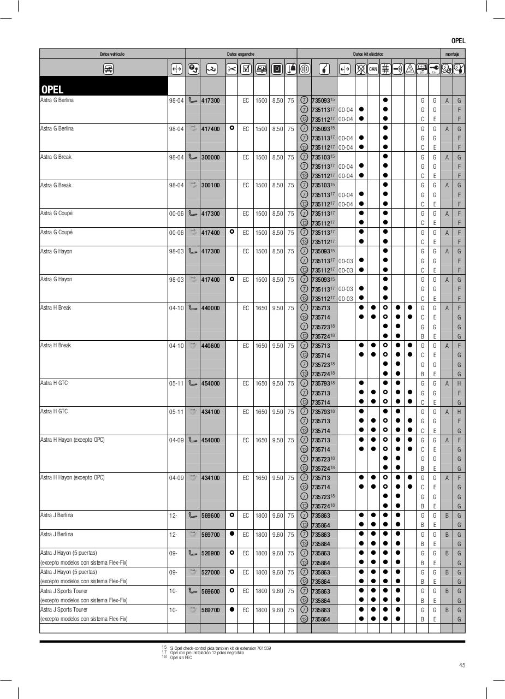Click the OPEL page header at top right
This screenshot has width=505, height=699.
pyautogui.click(x=458, y=40)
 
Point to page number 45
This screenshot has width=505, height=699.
pyautogui.click(x=462, y=665)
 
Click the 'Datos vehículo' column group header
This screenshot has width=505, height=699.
pyautogui.click(x=112, y=54)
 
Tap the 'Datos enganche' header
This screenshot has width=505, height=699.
pyautogui.click(x=241, y=54)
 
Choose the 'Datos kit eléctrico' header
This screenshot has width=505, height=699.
pyautogui.click(x=368, y=54)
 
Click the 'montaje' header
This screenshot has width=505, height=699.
pyautogui.click(x=453, y=54)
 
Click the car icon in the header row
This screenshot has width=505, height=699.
pyautogui.click(x=108, y=69)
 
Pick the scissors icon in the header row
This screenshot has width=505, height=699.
pyautogui.click(x=231, y=69)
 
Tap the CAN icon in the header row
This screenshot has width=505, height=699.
pyautogui.click(x=373, y=69)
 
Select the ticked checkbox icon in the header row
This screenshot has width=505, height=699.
pyautogui.click(x=246, y=69)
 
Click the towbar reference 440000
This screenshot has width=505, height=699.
pyautogui.click(x=210, y=308)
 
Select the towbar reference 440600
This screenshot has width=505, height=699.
pyautogui.click(x=210, y=346)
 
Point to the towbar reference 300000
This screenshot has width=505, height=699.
pyautogui.click(x=210, y=157)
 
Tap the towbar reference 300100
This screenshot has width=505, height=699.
pyautogui.click(x=210, y=186)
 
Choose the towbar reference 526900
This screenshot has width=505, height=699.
pyautogui.click(x=210, y=553)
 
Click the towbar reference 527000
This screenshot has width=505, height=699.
pyautogui.click(x=210, y=572)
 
